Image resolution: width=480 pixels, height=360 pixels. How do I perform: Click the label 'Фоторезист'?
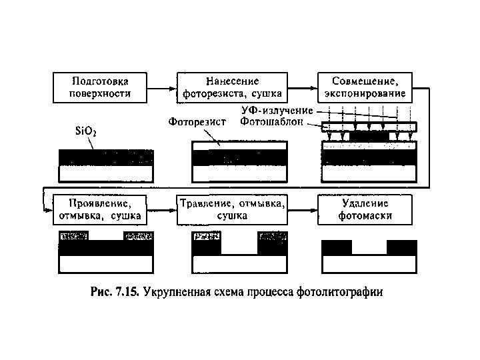[197, 122]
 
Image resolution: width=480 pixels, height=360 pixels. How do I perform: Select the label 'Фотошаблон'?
[277, 122]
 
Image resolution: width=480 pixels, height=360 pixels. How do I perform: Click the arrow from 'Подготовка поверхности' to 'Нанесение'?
[162, 87]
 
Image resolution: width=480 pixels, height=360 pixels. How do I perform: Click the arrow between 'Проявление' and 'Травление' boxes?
[162, 209]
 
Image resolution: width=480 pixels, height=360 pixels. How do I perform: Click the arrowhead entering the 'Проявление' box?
[48, 209]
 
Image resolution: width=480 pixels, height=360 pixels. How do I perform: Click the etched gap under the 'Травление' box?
[240, 247]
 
